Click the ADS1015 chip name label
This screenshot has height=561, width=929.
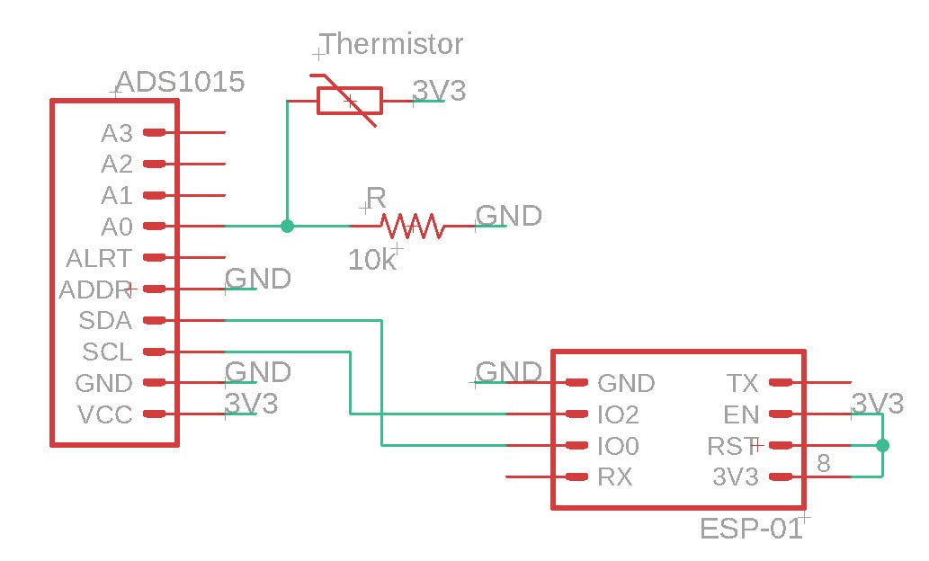pyautogui.click(x=180, y=83)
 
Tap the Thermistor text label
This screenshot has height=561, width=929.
pyautogui.click(x=392, y=43)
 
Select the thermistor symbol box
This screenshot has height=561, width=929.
pyautogui.click(x=349, y=101)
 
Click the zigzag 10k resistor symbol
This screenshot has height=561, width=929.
pyautogui.click(x=411, y=226)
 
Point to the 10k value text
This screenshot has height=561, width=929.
pyautogui.click(x=371, y=260)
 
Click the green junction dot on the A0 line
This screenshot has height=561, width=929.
pyautogui.click(x=287, y=226)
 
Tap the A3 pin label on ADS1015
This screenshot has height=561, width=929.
pyautogui.click(x=117, y=133)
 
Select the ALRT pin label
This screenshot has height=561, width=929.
pyautogui.click(x=99, y=258)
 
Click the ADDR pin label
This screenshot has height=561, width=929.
pyautogui.click(x=95, y=289)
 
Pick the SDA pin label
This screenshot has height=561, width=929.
pyautogui.click(x=105, y=320)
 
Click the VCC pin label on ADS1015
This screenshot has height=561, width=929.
pyautogui.click(x=105, y=414)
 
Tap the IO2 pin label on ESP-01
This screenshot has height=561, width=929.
pyautogui.click(x=618, y=414)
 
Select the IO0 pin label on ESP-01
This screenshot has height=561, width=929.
pyautogui.click(x=618, y=446)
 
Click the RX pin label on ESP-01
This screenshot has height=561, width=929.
pyautogui.click(x=614, y=477)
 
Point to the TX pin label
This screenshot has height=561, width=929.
pyautogui.click(x=742, y=383)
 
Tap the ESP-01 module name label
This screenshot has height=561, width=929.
pyautogui.click(x=750, y=529)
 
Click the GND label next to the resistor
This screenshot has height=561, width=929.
pyautogui.click(x=508, y=216)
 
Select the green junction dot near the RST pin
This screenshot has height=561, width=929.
pyautogui.click(x=882, y=446)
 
